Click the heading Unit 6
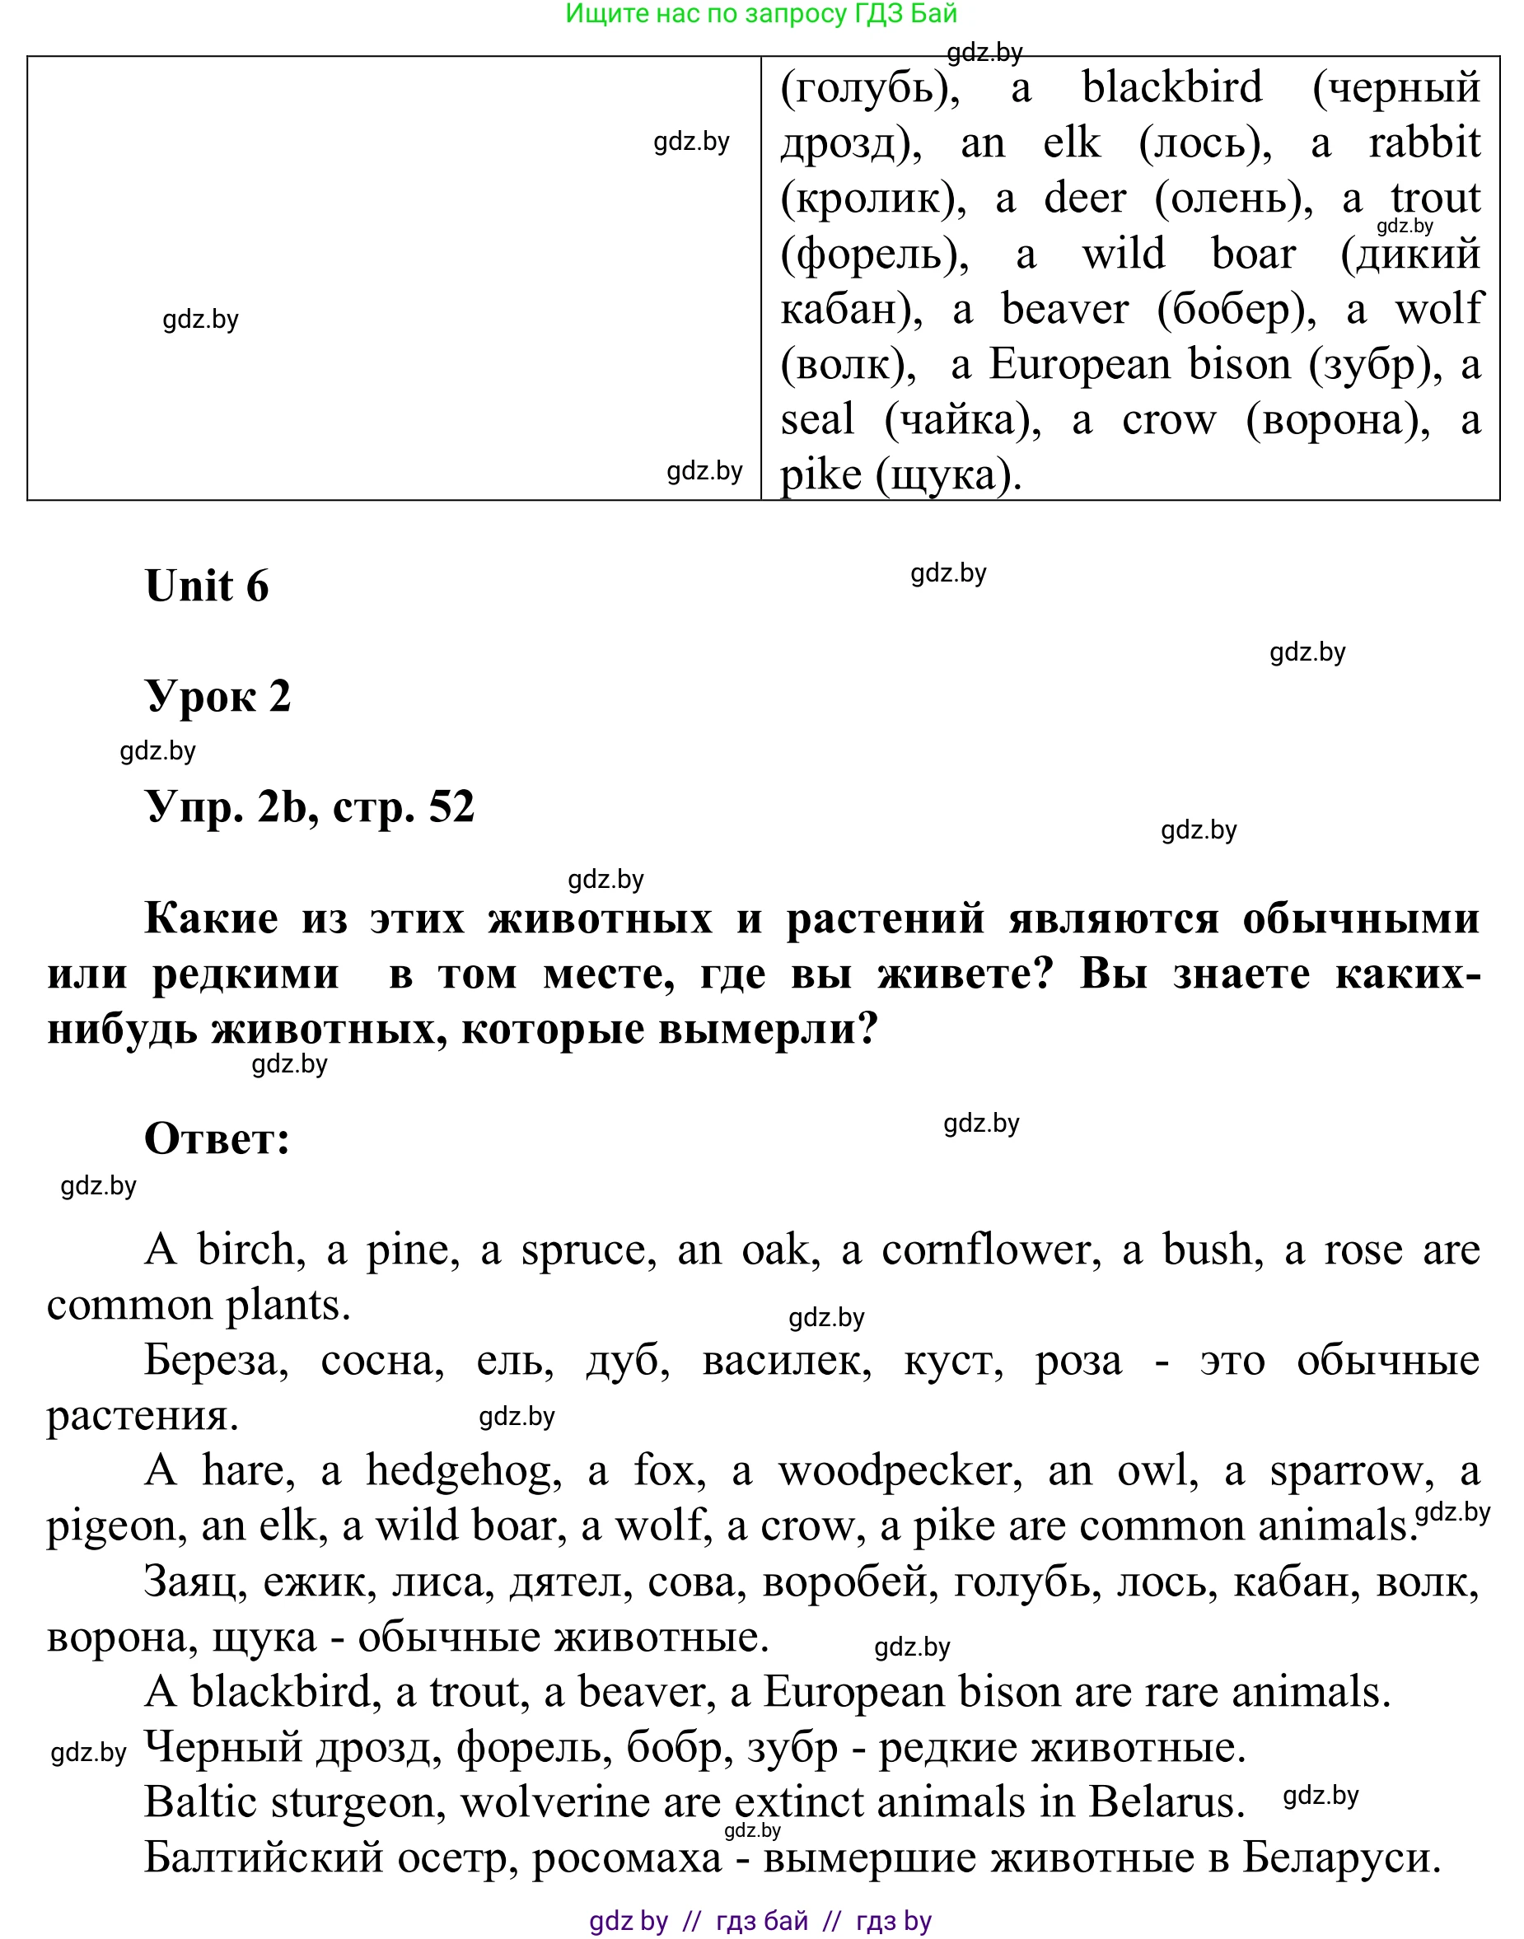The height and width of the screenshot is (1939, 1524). pos(206,586)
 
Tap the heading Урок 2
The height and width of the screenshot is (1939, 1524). pos(217,697)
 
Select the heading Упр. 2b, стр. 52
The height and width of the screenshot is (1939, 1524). pos(309,807)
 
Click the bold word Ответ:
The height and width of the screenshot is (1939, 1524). pos(217,1139)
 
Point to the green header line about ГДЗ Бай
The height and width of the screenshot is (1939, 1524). pos(761,13)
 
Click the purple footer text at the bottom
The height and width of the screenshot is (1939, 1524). pos(760,1920)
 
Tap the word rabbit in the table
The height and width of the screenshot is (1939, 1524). pos(1424,143)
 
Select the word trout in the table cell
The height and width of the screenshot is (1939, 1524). pos(1436,198)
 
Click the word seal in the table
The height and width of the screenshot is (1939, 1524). pos(817,419)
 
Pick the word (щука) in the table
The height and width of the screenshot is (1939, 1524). pos(948,474)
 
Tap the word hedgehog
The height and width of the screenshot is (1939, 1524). pos(463,1471)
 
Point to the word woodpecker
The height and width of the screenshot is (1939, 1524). pos(900,1471)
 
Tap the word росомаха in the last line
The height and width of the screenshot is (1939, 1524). pos(626,1859)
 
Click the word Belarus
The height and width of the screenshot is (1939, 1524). pos(1166,1803)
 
